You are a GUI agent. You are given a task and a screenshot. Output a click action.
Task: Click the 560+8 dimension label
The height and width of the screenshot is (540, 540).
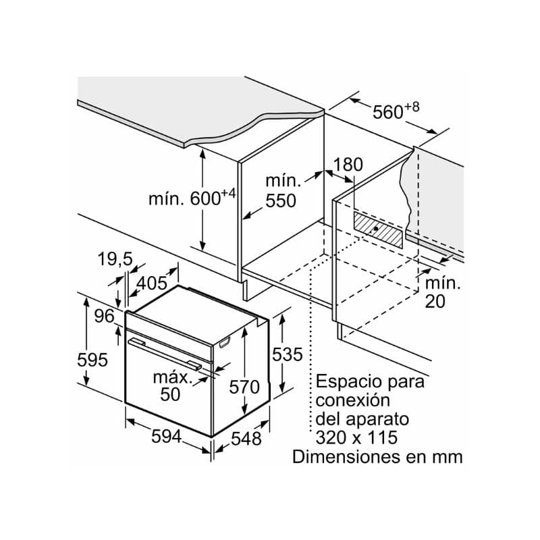tap(396, 111)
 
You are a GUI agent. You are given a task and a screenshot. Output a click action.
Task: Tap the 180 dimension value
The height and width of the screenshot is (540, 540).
tap(348, 164)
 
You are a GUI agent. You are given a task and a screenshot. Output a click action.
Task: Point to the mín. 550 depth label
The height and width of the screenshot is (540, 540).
tap(280, 190)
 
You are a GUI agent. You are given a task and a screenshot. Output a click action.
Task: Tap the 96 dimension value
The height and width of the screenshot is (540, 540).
tap(104, 315)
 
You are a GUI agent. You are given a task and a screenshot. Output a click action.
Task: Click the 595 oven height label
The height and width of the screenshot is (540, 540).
tap(92, 360)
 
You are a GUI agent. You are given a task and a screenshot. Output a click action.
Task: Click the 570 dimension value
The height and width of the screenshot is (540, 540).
tap(244, 387)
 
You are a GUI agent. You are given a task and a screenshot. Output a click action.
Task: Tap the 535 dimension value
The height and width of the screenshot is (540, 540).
tap(286, 354)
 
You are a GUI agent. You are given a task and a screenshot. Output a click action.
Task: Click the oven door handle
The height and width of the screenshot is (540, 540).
tap(166, 353)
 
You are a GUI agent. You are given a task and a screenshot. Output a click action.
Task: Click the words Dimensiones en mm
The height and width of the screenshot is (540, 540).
tap(377, 456)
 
